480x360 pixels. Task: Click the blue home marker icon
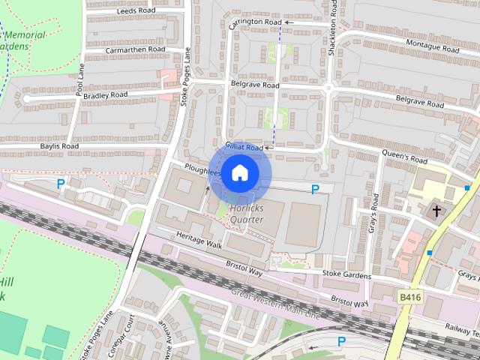[x=239, y=173]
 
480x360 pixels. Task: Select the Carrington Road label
[x=255, y=22]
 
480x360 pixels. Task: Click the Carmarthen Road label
[x=135, y=49]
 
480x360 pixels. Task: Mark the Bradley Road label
[x=107, y=95]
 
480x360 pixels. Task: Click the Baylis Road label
[x=60, y=145]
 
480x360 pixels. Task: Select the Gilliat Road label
[x=244, y=148]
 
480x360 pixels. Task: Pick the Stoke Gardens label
[x=346, y=275]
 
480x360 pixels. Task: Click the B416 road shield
[x=409, y=298]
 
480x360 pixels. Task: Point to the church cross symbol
[x=436, y=211]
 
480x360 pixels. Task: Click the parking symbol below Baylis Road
[x=61, y=182]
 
